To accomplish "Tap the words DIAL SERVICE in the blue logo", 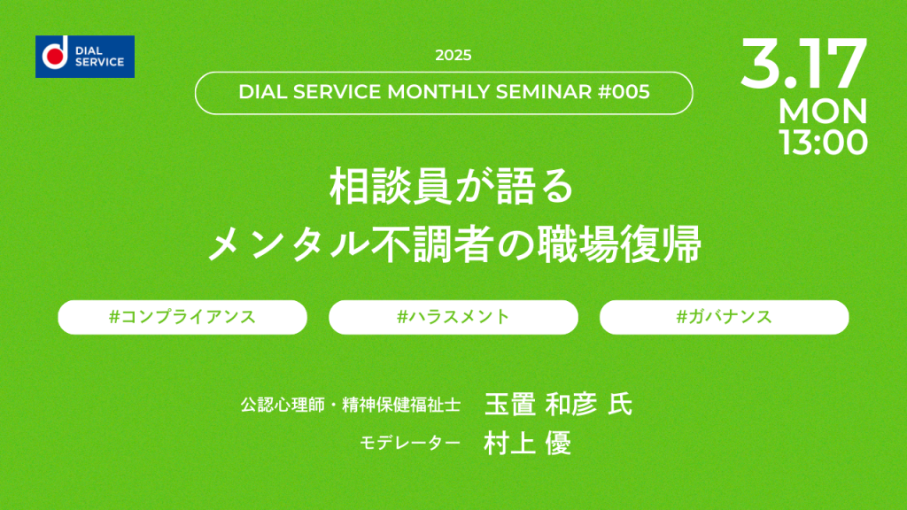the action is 99,57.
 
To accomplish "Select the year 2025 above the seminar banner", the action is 453,56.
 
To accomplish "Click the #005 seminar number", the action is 624,92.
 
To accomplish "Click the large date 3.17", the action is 803,63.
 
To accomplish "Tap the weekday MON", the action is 823,111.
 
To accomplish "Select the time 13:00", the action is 823,143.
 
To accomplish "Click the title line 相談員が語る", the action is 452,186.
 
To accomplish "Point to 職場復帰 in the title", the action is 619,244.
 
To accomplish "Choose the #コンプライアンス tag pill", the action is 182,317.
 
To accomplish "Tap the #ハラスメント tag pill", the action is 453,317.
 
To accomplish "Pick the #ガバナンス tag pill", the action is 725,317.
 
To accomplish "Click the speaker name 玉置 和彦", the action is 541,404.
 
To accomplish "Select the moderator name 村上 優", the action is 528,444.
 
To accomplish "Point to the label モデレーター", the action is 410,443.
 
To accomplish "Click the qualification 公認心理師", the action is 283,405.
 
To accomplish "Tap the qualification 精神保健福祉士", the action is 401,405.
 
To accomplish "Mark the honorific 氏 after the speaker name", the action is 620,404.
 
